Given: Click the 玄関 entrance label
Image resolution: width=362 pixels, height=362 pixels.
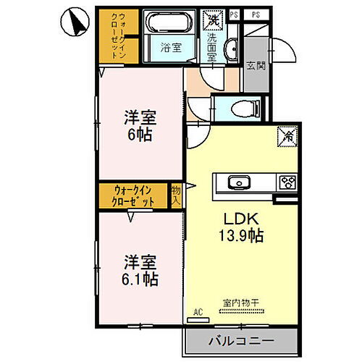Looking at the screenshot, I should coord(256,66).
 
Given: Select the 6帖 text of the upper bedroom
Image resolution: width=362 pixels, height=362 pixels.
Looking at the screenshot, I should coord(140,134).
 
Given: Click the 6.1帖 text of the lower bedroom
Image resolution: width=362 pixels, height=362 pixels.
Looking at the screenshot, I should coord(140,278).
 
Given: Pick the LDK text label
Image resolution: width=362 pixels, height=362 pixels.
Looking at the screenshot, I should coord(239,218).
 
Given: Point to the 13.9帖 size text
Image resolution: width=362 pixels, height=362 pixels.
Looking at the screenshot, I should coord(239,235).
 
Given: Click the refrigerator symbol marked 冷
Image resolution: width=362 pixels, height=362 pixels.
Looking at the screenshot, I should coord(286,135).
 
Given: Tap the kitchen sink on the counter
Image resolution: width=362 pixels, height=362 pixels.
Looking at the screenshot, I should coord(237,182).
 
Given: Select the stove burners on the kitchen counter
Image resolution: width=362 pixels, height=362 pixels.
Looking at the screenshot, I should coord(287,182).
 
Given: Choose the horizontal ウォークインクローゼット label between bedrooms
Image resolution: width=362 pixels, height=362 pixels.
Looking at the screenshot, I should coord(133,195).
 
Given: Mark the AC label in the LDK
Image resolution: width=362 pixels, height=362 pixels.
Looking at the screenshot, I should coord(196,313).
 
